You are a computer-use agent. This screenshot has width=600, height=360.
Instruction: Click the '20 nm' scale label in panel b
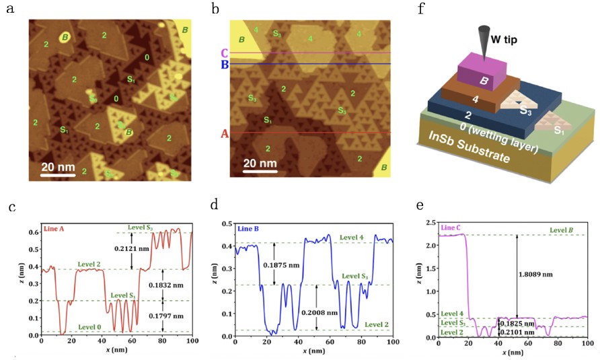coord(260,162)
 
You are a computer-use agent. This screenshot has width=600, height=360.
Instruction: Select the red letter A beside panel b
coord(225,133)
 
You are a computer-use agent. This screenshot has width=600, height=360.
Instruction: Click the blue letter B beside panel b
coord(224,65)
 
